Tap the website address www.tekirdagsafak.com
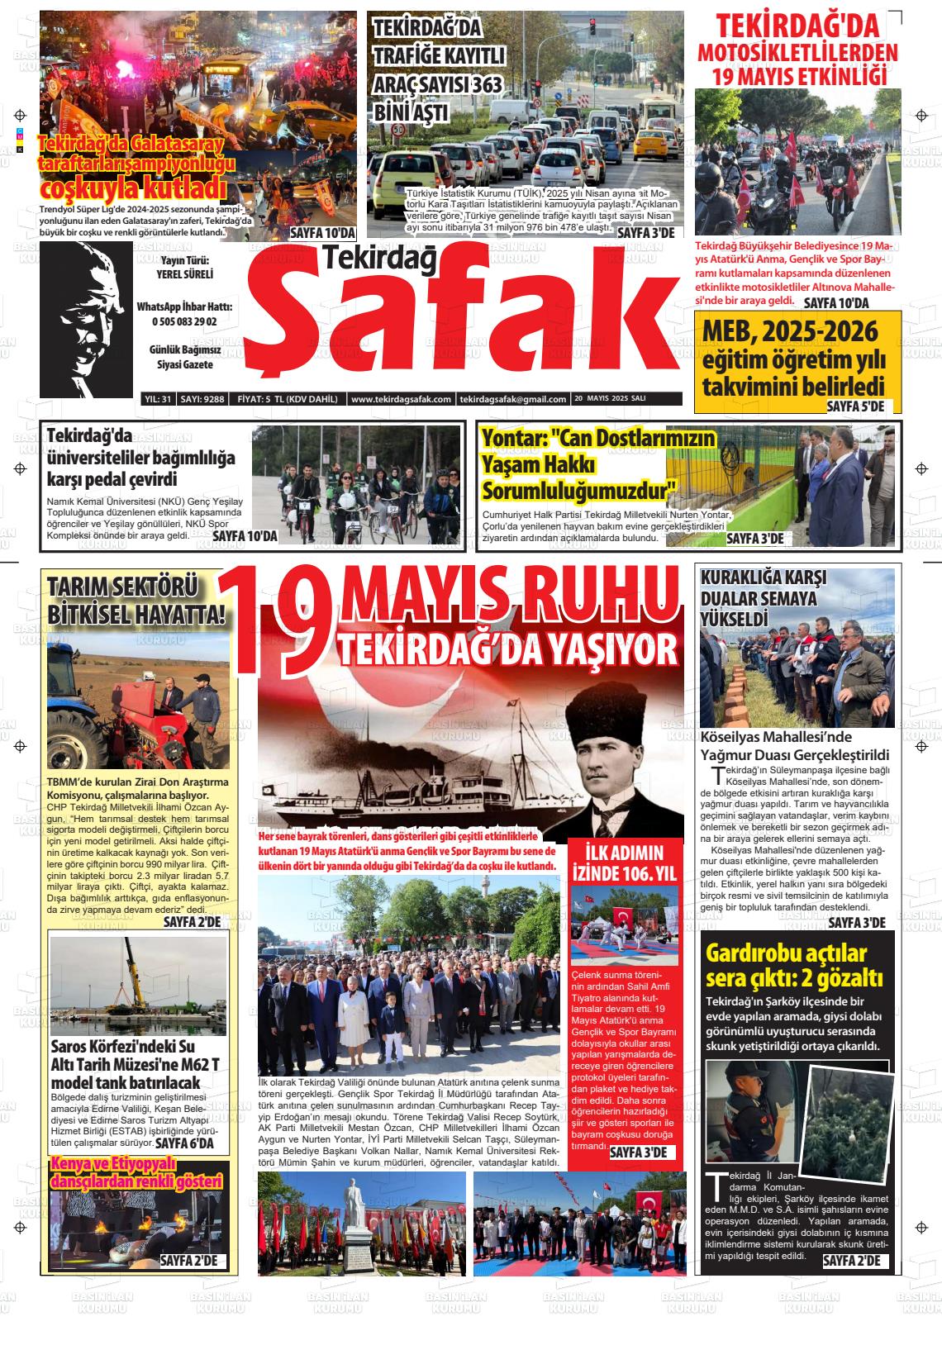(x=401, y=399)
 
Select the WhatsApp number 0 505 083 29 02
(x=183, y=321)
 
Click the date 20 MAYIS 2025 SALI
(x=610, y=399)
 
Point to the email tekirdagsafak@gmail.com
(x=513, y=399)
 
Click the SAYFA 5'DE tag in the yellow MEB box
(x=855, y=406)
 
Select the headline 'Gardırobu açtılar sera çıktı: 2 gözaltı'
(x=794, y=966)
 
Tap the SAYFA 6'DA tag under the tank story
(x=184, y=1143)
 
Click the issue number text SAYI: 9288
(x=202, y=399)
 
